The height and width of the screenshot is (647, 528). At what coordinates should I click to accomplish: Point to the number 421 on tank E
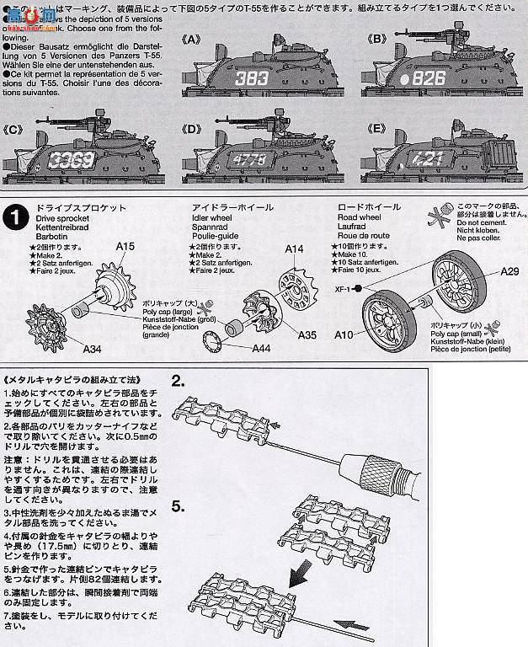click(x=427, y=158)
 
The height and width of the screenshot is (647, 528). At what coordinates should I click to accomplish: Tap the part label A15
click(x=125, y=246)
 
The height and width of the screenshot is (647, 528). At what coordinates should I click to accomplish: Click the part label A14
click(x=294, y=249)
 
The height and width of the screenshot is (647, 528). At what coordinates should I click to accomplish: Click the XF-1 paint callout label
click(x=341, y=287)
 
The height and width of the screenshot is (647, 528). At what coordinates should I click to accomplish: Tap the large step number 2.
click(x=178, y=380)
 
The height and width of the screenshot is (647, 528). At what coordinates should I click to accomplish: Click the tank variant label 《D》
click(x=193, y=129)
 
